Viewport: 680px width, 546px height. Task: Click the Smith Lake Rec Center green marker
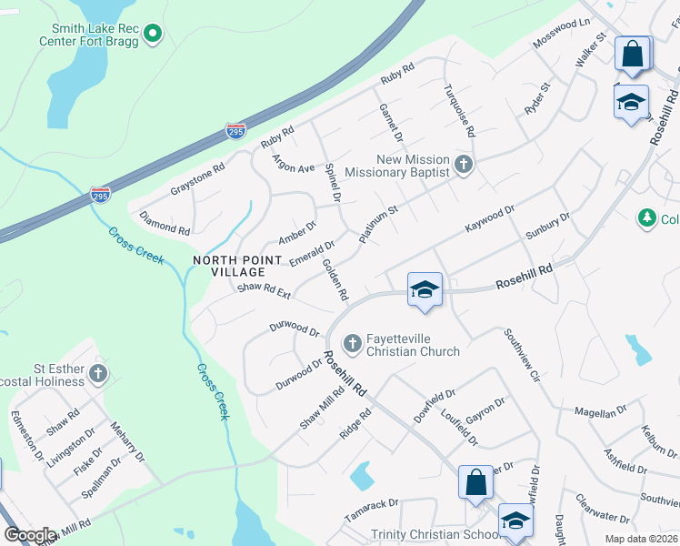pyautogui.click(x=153, y=35)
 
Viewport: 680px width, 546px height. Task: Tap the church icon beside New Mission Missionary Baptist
pyautogui.click(x=464, y=165)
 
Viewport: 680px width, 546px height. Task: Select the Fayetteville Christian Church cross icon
pyautogui.click(x=353, y=344)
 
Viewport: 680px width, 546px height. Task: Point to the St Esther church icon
pyautogui.click(x=98, y=373)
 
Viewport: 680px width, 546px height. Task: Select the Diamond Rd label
pyautogui.click(x=164, y=224)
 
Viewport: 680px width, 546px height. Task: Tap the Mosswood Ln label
pyautogui.click(x=562, y=34)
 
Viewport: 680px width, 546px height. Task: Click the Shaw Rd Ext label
pyautogui.click(x=264, y=291)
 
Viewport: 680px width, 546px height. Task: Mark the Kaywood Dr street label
pyautogui.click(x=490, y=217)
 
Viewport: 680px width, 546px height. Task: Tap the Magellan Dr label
pyautogui.click(x=602, y=411)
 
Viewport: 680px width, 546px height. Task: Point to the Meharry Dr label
pyautogui.click(x=128, y=440)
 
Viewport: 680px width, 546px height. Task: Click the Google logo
pyautogui.click(x=30, y=535)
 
